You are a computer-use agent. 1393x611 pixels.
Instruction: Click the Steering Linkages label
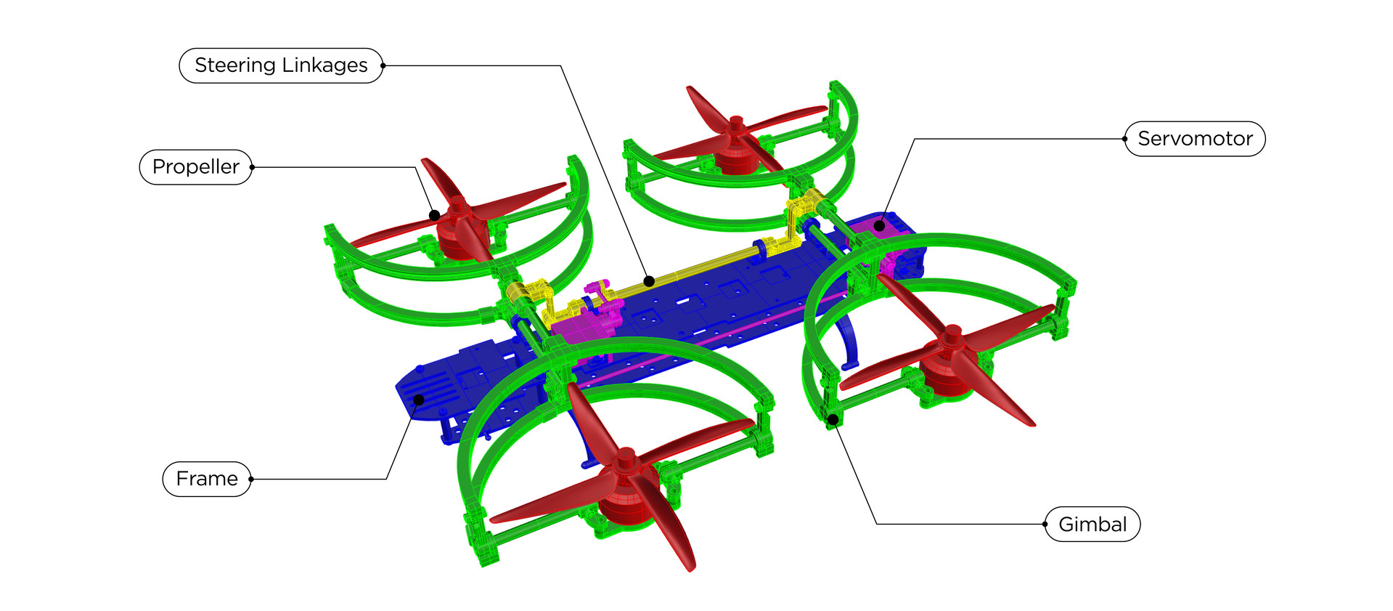click(x=281, y=65)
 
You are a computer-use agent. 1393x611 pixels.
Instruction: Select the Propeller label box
click(x=196, y=167)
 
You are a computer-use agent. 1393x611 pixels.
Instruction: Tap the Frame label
click(x=207, y=479)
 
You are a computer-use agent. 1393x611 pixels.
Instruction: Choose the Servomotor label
click(x=1195, y=139)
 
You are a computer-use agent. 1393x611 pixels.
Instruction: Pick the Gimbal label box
click(x=1092, y=524)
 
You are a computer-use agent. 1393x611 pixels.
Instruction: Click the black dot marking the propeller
click(x=434, y=215)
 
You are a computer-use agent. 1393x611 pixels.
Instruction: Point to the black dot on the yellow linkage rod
click(x=649, y=281)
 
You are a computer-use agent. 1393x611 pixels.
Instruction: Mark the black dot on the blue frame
click(x=419, y=400)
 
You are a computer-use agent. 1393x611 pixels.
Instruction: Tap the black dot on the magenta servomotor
click(x=879, y=226)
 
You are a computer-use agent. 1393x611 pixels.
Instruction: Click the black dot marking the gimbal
click(x=833, y=419)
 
